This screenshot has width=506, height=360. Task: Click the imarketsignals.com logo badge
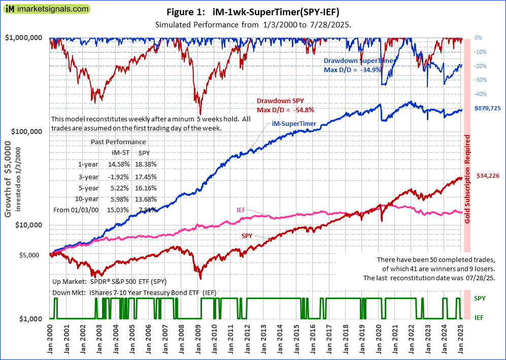coord(46,9)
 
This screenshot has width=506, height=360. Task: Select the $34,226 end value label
coord(488,176)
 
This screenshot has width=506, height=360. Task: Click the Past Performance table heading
coord(118,142)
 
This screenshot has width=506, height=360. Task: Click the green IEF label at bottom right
coord(479,317)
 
